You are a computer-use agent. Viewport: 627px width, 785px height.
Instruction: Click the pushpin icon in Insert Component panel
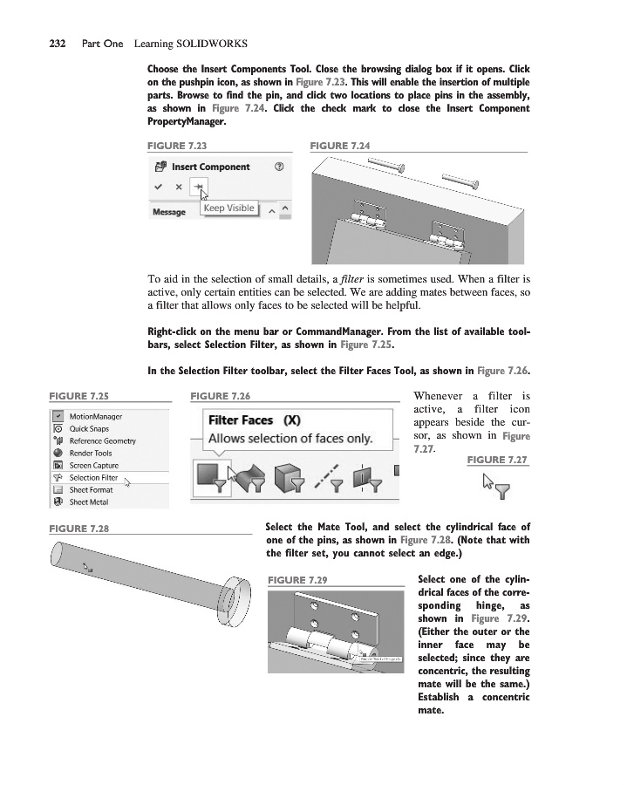199,187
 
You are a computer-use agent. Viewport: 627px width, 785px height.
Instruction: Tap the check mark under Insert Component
158,187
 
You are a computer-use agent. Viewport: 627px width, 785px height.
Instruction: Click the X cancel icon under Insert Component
178,187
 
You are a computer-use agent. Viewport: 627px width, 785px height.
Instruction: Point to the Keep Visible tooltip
229,208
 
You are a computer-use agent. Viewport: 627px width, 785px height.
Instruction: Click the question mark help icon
278,167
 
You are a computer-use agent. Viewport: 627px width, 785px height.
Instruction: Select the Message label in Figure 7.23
169,212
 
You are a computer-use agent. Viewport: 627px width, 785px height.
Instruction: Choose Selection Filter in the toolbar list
93,477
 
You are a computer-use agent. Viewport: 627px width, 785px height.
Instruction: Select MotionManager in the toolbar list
95,417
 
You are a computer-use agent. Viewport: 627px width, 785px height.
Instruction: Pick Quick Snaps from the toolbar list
89,429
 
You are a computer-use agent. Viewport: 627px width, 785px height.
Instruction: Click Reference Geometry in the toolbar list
102,441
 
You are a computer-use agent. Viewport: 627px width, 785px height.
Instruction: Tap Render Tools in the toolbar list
91,454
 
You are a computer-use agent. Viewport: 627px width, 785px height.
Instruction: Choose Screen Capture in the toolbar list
93,466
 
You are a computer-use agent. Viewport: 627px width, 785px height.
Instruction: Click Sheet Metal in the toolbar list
88,502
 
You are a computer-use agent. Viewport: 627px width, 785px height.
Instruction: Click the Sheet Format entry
91,489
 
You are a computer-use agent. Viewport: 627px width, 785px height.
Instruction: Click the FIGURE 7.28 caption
79,529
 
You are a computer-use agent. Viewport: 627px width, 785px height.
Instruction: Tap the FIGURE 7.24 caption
340,146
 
